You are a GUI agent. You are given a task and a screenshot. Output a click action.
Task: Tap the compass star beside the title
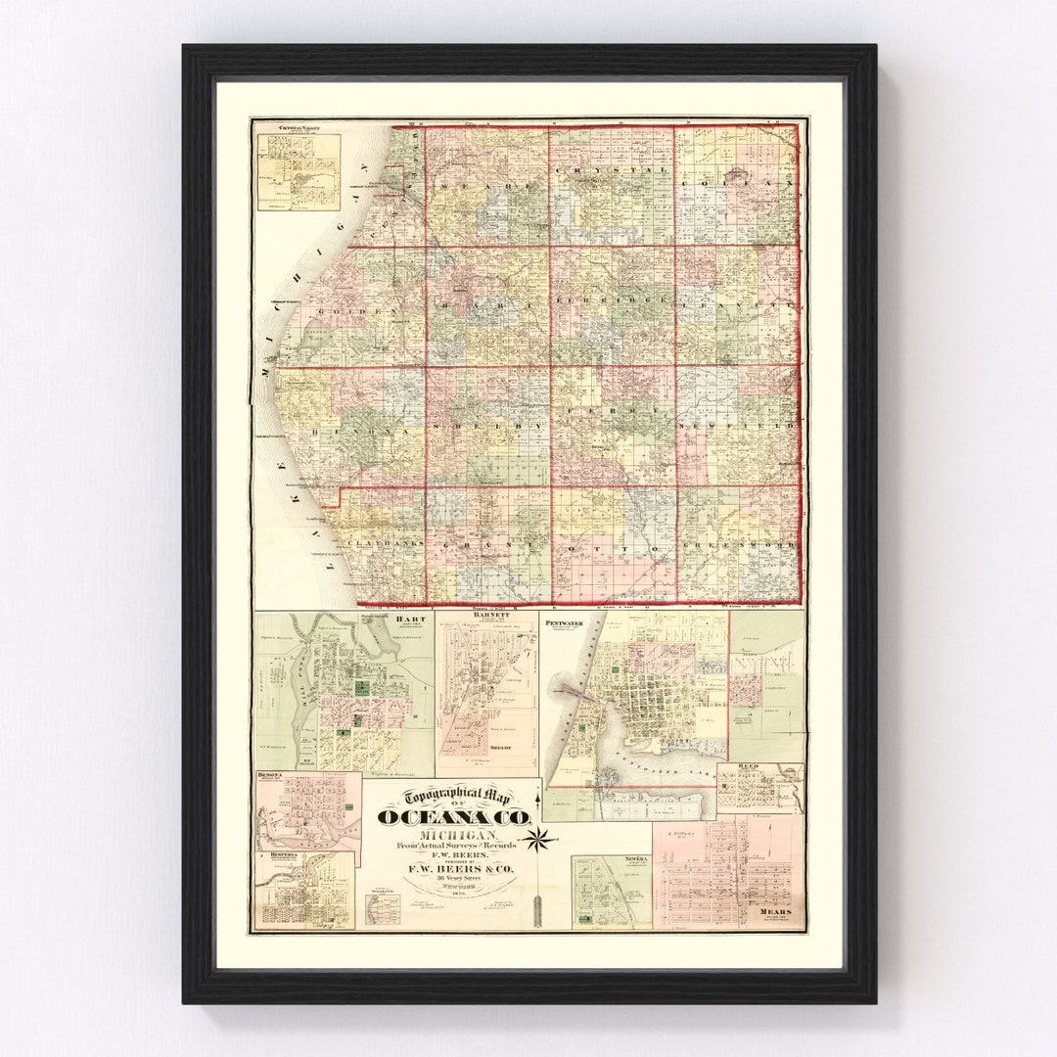coord(539,838)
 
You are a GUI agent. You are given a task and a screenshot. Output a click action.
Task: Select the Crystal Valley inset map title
coord(298,128)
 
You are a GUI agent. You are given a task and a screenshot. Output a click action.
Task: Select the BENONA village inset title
coord(270,775)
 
